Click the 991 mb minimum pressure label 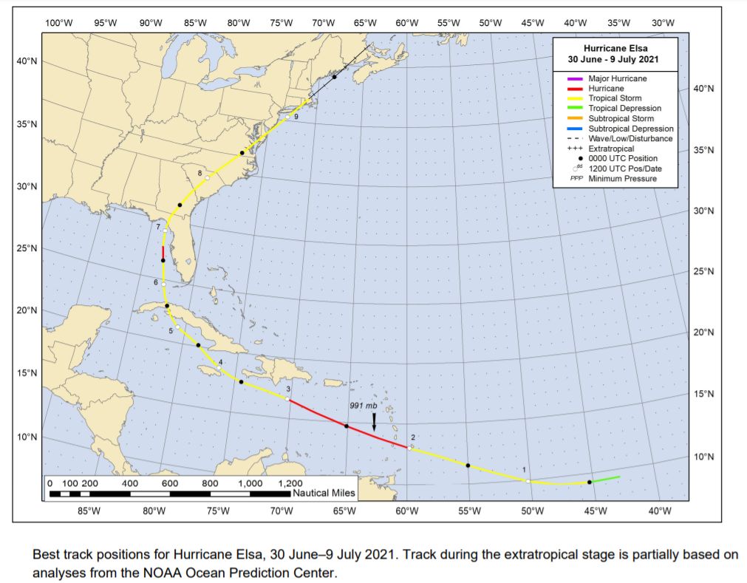pos(364,406)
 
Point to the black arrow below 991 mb pos(374,421)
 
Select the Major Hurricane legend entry pos(617,78)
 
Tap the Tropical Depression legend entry pos(624,109)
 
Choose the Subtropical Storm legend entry pos(621,118)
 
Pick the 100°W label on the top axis pos(58,22)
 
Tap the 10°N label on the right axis pos(704,457)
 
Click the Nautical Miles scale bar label pos(324,493)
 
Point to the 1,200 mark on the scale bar pos(290,483)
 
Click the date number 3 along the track pos(288,389)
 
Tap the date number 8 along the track pos(199,174)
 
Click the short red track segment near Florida pos(163,253)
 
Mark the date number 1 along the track pos(524,470)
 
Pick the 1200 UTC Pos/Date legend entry pos(624,168)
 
